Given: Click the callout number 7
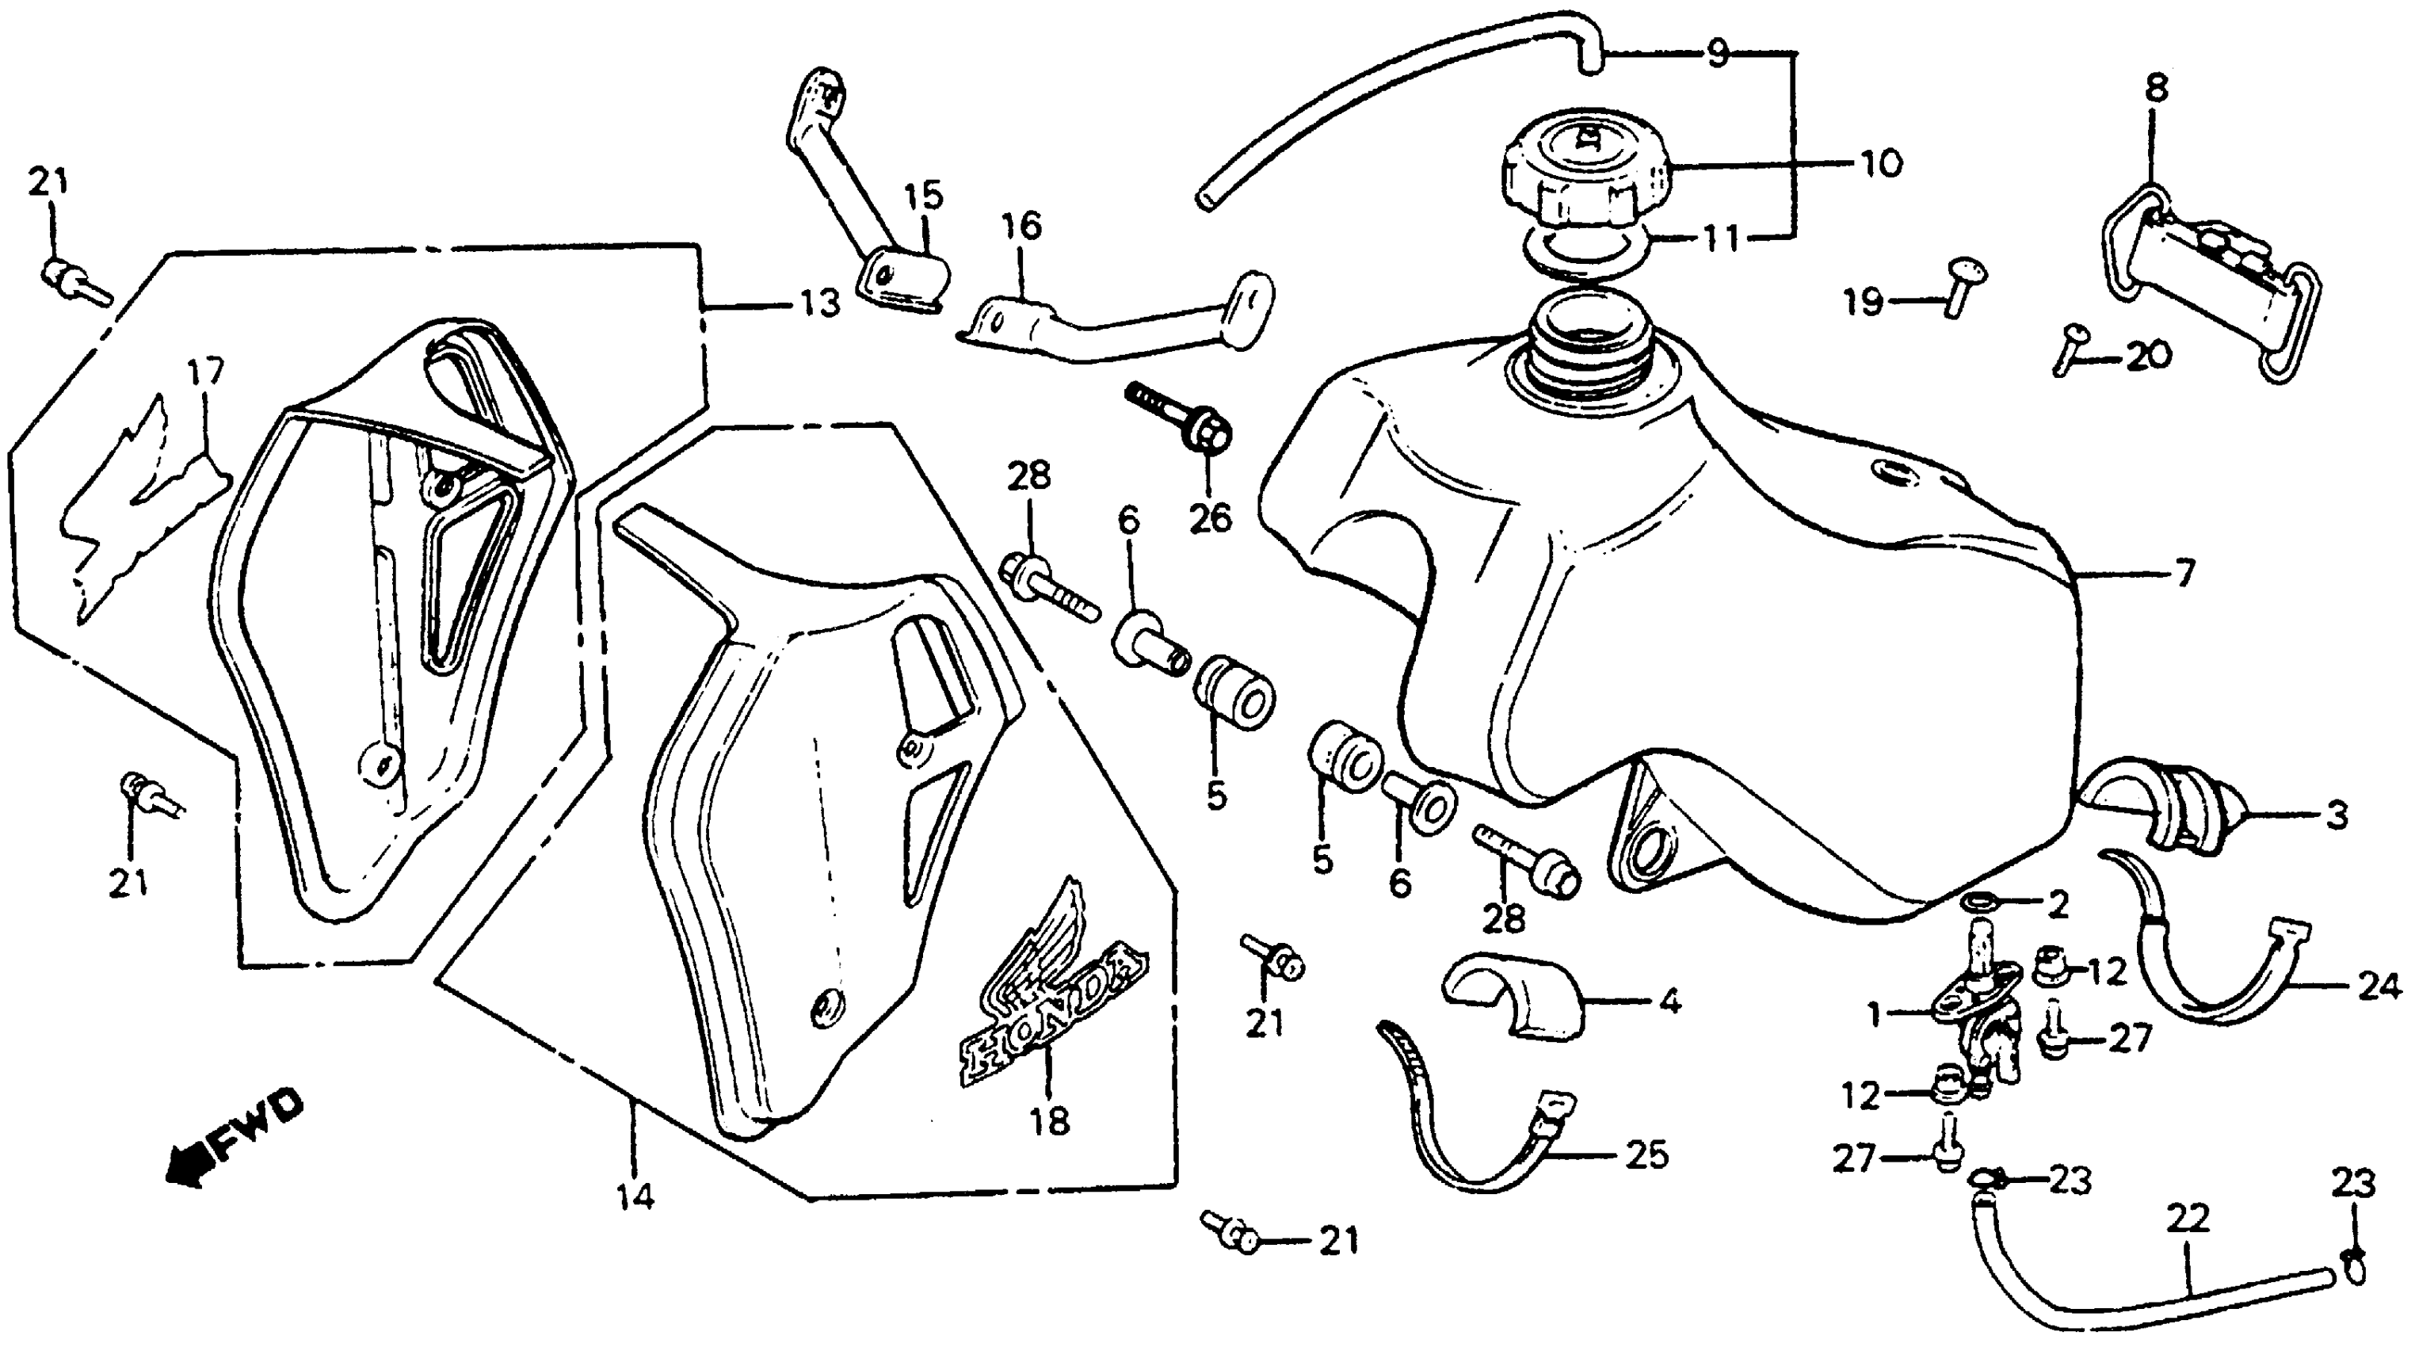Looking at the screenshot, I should coord(2184,572).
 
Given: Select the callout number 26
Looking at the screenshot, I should coord(1209,517).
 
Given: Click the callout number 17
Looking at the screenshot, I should coord(205,372).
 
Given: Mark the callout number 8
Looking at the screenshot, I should coord(2155,88).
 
